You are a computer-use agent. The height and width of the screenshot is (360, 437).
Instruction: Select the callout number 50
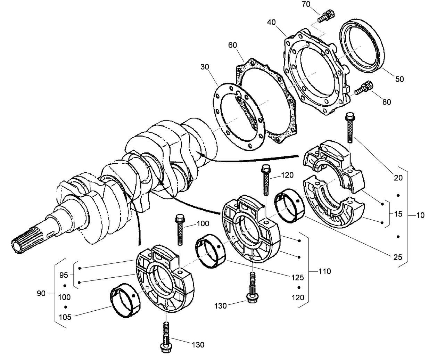pos(399,79)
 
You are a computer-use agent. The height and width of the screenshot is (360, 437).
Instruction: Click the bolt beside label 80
pos(364,87)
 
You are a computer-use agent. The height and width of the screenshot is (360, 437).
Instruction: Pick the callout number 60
pos(233,45)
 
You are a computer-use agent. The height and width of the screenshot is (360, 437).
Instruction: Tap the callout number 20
pos(398,178)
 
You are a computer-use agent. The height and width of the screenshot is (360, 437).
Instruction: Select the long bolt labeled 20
pos(349,128)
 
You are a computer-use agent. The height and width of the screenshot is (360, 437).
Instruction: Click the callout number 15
pos(398,214)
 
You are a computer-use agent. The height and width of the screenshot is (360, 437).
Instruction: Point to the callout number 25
pos(398,257)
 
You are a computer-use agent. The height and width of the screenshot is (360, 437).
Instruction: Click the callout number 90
pos(41,294)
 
